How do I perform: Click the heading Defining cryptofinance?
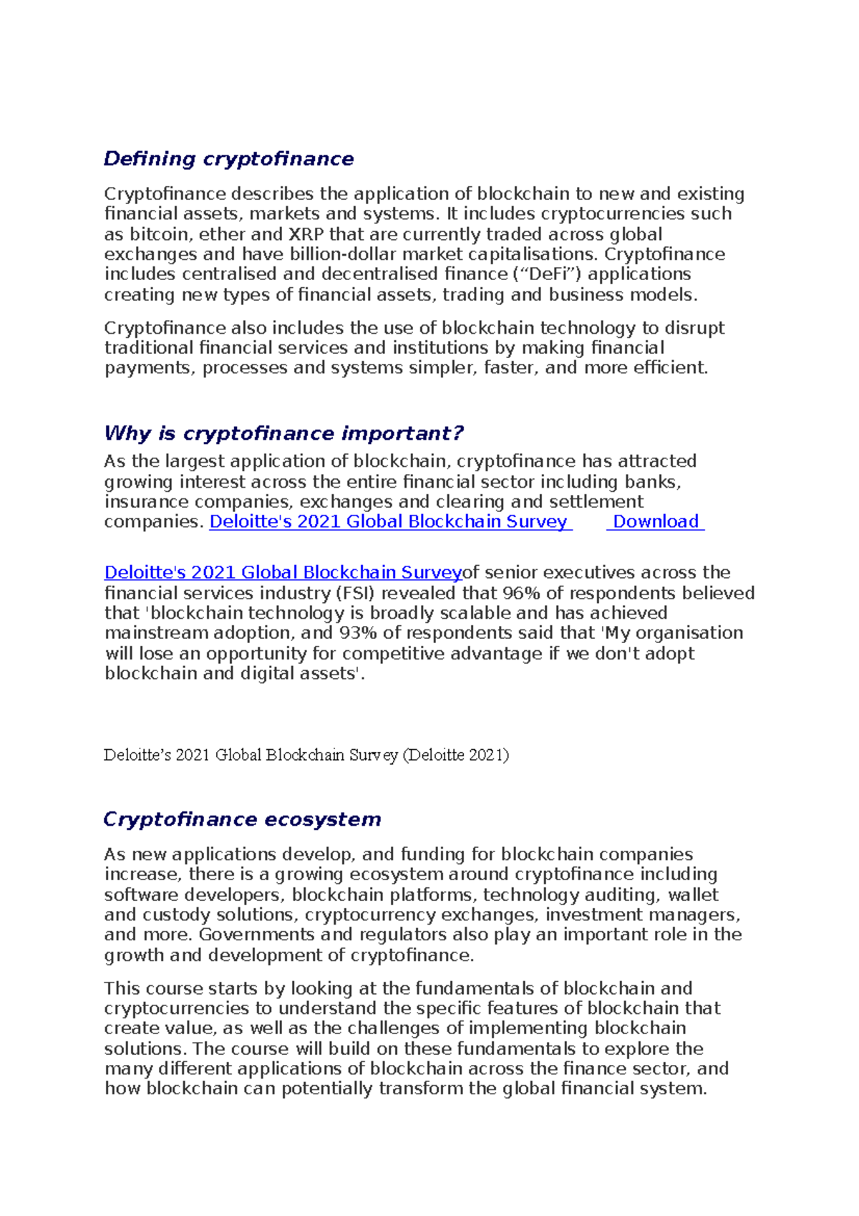228,158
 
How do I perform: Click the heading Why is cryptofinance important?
283,433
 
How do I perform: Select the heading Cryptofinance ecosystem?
242,819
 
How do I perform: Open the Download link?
655,521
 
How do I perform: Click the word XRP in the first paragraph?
306,234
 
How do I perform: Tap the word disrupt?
694,328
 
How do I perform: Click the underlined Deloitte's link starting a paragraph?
283,573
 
